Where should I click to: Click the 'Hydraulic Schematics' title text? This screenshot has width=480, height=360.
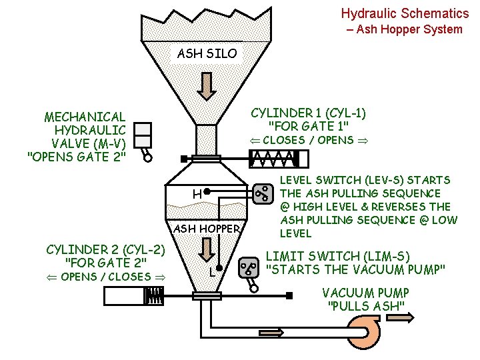[405, 13]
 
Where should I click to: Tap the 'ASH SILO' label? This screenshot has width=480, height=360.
[207, 53]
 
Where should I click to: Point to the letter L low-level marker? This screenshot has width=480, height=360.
[211, 273]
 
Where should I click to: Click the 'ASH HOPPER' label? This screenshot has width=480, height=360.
[207, 229]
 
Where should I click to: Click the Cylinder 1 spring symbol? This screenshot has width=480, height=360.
[273, 159]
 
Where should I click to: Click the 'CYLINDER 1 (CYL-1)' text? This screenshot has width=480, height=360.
[308, 113]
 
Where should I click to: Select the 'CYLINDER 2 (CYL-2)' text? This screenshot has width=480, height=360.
[105, 249]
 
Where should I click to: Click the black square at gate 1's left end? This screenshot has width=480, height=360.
[183, 159]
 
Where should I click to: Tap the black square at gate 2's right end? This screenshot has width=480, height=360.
[291, 295]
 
